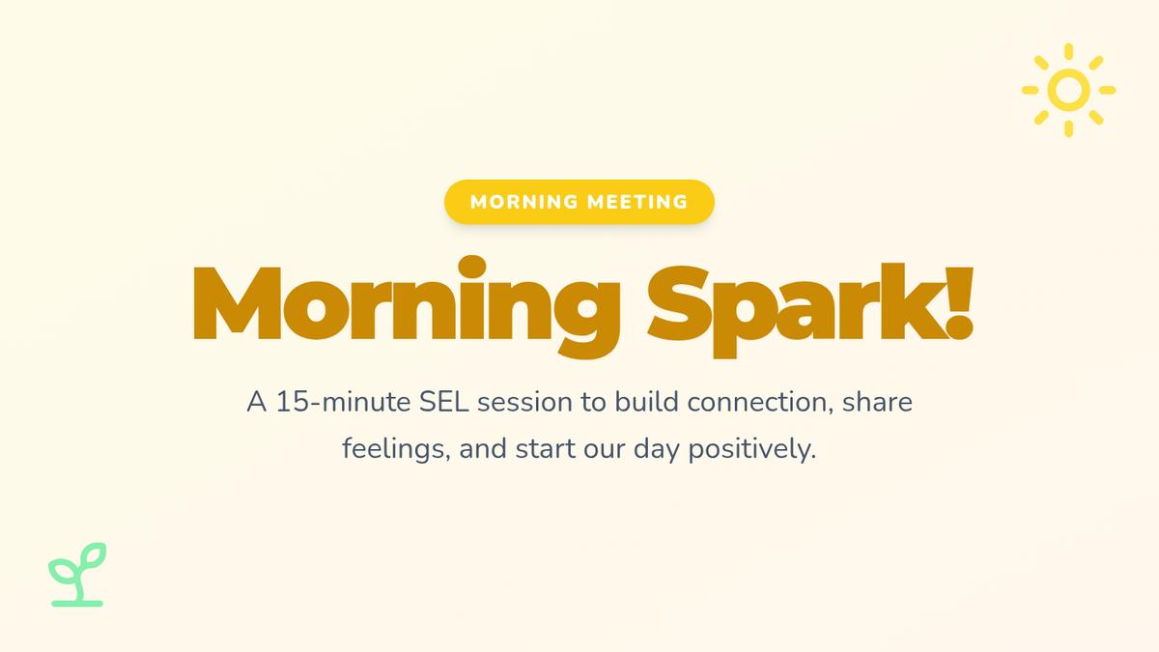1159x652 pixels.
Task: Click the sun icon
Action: point(1068,90)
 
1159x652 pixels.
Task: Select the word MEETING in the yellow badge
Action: point(637,202)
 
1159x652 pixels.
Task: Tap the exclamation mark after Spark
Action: point(960,303)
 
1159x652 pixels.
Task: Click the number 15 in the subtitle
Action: point(293,402)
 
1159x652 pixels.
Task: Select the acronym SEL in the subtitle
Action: point(444,402)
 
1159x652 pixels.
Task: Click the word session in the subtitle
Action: point(524,403)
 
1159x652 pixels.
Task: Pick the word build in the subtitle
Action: point(646,402)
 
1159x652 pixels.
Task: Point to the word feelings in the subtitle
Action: point(396,449)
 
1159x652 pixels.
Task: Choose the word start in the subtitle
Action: point(546,449)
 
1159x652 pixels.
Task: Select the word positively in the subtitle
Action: point(751,450)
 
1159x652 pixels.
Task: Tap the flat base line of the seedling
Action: point(77,604)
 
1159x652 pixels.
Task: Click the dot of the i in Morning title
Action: point(472,267)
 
